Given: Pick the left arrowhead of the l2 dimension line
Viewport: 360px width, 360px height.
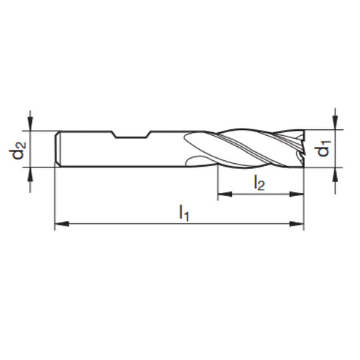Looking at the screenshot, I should click(x=222, y=195).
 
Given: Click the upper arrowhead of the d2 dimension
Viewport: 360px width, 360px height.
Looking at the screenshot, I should click(x=31, y=126).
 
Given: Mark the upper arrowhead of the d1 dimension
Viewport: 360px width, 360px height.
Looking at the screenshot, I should click(x=335, y=126).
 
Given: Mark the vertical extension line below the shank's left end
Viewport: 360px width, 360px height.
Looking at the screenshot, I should click(x=56, y=198).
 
